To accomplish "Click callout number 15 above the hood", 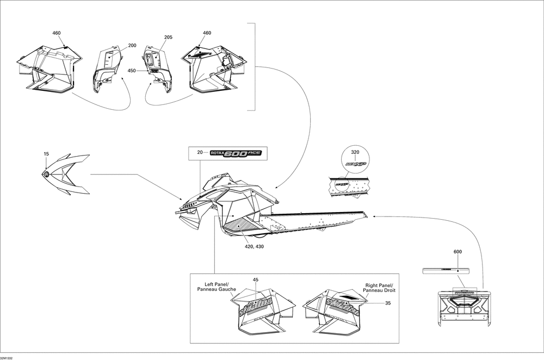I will pyautogui.click(x=46, y=154).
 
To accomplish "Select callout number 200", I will pyautogui.click(x=132, y=46).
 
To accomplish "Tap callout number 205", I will pyautogui.click(x=168, y=38).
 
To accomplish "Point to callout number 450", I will pyautogui.click(x=132, y=71).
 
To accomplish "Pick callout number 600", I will pyautogui.click(x=458, y=252).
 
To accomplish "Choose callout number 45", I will pyautogui.click(x=255, y=280).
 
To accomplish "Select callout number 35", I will pyautogui.click(x=388, y=303).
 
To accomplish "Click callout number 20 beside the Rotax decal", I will pyautogui.click(x=200, y=153).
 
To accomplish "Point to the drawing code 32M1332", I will pyautogui.click(x=8, y=357).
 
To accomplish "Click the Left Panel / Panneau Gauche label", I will pyautogui.click(x=217, y=287).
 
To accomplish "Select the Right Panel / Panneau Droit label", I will pyautogui.click(x=379, y=288).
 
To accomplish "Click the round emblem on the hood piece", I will pyautogui.click(x=46, y=173).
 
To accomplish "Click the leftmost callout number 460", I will pyautogui.click(x=57, y=33).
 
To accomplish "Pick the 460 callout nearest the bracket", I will pyautogui.click(x=207, y=33).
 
